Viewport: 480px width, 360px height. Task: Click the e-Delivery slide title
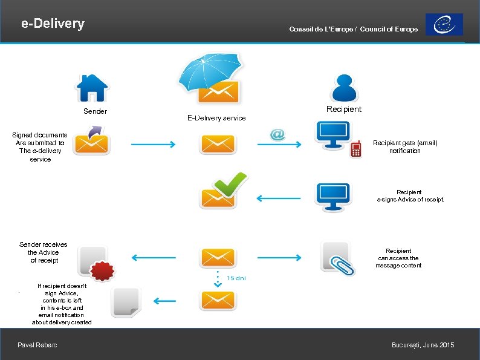tap(53, 24)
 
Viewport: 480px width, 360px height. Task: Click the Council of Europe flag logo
tap(444, 25)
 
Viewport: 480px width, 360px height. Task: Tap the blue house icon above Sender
tap(92, 88)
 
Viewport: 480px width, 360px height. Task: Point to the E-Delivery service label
tap(216, 118)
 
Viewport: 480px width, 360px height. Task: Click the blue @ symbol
tap(277, 134)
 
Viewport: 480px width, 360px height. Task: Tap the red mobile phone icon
tap(356, 149)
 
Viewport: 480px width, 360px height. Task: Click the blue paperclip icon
tap(343, 264)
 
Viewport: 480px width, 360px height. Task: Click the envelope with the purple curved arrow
tap(91, 141)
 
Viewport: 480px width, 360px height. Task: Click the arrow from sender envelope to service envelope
tap(152, 145)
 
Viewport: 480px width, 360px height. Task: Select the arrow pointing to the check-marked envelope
tap(278, 198)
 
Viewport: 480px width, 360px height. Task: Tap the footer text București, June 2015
tap(423, 345)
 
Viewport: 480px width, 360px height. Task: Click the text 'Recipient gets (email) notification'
tap(404, 147)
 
